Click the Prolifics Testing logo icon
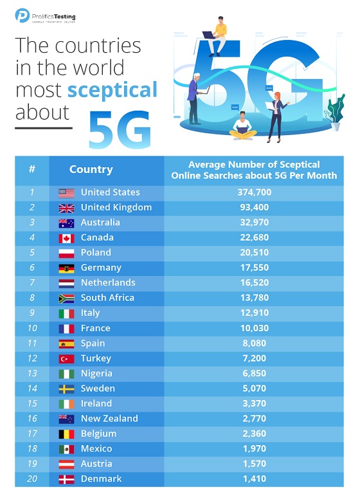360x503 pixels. point(22,15)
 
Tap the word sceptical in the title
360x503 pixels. point(113,89)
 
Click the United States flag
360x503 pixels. point(66,192)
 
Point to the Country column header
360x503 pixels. point(91,170)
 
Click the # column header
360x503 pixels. point(32,170)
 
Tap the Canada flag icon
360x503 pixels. point(66,238)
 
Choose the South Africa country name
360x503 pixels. point(107,298)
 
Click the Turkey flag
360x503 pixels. point(66,358)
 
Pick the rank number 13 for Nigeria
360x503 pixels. point(32,374)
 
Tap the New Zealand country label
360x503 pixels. point(109,419)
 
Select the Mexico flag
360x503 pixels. point(66,449)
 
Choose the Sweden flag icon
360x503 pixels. point(66,389)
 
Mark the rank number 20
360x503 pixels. point(32,479)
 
